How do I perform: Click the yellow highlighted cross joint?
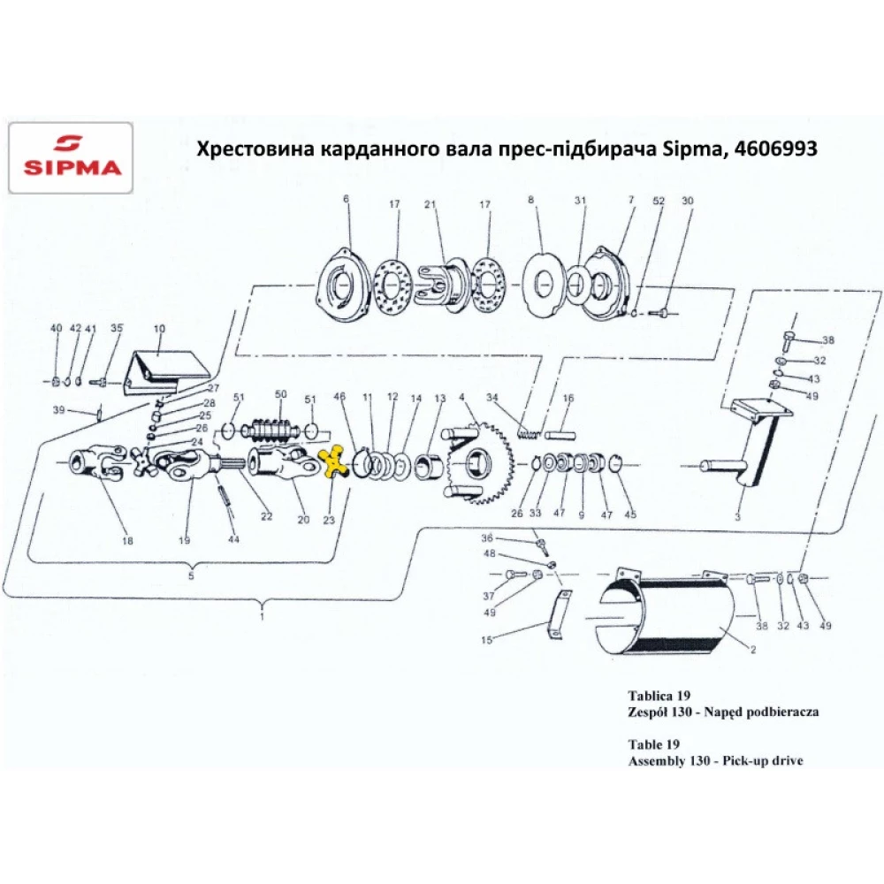click(333, 461)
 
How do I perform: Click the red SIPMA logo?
click(72, 156)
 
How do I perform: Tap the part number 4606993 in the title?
click(775, 149)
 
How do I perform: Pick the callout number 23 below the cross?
click(329, 520)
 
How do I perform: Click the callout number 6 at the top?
click(347, 198)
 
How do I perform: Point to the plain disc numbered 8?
click(543, 286)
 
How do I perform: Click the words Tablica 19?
click(659, 695)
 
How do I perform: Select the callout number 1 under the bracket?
click(263, 615)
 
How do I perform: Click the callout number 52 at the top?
click(659, 201)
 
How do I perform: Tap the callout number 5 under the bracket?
click(191, 575)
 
